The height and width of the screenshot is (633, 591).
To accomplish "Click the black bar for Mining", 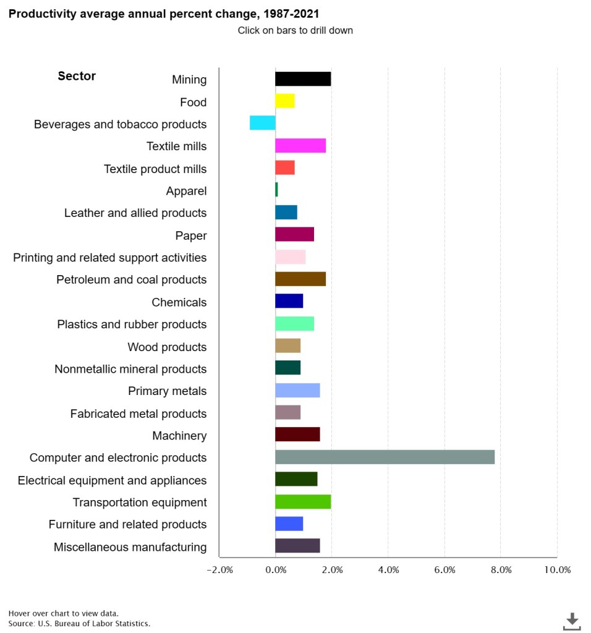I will [x=303, y=79].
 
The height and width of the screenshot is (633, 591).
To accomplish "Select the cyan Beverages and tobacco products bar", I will [x=263, y=123].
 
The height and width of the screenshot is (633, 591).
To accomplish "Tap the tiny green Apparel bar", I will [x=276, y=190].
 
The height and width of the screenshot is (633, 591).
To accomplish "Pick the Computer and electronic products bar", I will [x=385, y=457].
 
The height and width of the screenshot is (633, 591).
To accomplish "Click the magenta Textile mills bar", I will [x=300, y=146].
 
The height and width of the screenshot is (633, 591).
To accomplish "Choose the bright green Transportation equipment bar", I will [x=303, y=502].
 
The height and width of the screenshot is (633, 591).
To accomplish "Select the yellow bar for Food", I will [x=285, y=101].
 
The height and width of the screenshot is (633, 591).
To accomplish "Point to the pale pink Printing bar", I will [x=291, y=257].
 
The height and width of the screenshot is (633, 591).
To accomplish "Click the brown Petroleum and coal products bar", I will [x=300, y=279].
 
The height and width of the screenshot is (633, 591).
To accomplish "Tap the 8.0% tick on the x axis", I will [x=501, y=570].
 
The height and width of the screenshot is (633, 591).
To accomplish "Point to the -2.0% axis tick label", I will [x=219, y=570].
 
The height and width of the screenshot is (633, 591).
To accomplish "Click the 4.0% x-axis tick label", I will [x=388, y=570].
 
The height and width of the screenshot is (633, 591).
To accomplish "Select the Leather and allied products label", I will [x=135, y=213].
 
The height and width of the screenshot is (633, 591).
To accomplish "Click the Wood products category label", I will [x=167, y=347].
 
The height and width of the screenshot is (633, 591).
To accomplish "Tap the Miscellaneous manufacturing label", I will [x=130, y=547].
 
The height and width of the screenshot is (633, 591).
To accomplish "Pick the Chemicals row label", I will [x=179, y=302].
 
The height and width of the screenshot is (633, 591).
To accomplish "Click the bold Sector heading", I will [x=77, y=76].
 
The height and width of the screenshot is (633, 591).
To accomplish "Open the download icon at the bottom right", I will [x=572, y=621].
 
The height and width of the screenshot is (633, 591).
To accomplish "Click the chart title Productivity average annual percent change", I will [x=164, y=14].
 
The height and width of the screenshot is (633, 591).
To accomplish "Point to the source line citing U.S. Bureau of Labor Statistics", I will [x=79, y=623].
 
